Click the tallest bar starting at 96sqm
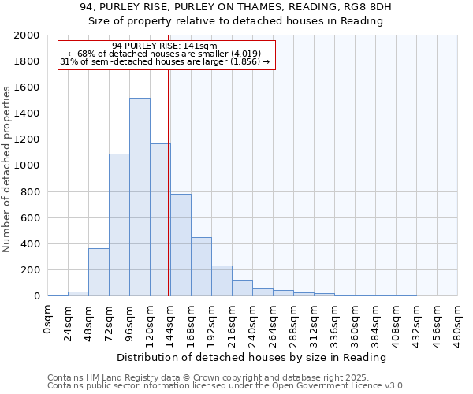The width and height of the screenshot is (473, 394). point(140,197)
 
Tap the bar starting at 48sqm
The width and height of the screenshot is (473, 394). point(99,272)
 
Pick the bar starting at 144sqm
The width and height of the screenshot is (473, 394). point(181,244)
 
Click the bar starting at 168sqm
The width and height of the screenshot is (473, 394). point(201,266)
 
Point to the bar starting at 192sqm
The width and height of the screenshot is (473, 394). point(222,281)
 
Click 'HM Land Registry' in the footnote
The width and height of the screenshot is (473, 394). point(116,377)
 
